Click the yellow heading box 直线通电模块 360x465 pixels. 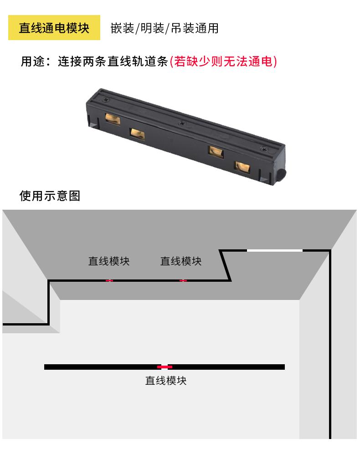(x=54, y=28)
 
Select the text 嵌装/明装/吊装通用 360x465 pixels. (x=165, y=28)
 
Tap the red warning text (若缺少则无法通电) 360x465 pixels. (x=223, y=61)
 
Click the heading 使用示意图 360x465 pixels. (x=50, y=196)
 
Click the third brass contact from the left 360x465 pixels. (x=215, y=151)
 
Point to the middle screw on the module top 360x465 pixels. (x=182, y=123)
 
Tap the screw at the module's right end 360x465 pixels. (x=263, y=149)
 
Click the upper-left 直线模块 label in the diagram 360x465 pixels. (x=109, y=261)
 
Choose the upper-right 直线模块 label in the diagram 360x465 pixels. (x=181, y=261)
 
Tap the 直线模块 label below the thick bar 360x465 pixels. (x=166, y=380)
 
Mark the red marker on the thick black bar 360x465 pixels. (x=165, y=367)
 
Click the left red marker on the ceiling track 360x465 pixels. (x=109, y=280)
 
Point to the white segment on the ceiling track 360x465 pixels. (x=275, y=250)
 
